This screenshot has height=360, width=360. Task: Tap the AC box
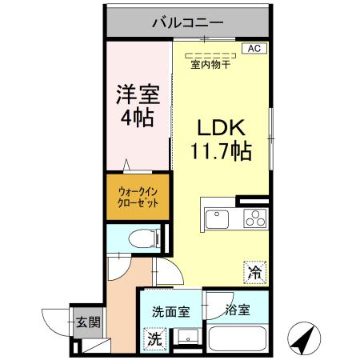[254, 48]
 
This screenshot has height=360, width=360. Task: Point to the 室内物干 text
[210, 66]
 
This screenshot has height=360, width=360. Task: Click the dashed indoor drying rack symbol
[210, 55]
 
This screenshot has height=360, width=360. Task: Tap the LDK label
[221, 128]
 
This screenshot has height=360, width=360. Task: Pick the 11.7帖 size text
[221, 150]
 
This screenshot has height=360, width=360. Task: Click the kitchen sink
[218, 218]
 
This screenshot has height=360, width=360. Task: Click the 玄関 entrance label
[88, 323]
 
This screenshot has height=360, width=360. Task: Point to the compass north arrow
[302, 338]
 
